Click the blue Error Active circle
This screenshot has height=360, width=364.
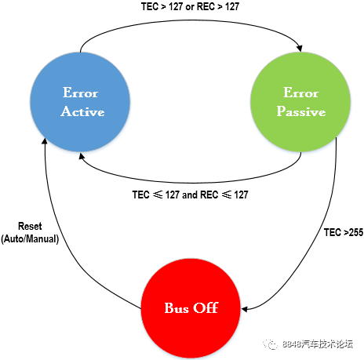80,102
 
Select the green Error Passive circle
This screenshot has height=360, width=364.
300,102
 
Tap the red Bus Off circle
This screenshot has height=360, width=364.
191,308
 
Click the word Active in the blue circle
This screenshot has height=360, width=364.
82,111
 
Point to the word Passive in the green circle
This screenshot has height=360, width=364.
301,111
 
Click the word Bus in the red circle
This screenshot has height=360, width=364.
177,308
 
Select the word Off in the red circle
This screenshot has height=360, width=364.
206,307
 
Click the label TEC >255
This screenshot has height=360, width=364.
344,232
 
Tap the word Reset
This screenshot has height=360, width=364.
30,226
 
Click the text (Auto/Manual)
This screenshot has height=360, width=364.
30,239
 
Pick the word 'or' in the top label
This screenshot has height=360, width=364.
190,7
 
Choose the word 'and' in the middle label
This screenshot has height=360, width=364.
190,195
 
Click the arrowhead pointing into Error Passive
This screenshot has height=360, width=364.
300,49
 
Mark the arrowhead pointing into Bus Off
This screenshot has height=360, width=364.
244,309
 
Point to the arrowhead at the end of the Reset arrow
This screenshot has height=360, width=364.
45,141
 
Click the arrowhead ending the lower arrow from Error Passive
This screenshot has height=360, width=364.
82,156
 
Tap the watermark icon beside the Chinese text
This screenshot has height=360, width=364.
270,344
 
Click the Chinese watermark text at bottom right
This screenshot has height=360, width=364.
318,344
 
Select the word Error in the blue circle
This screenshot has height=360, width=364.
80,93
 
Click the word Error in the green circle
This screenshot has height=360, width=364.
301,93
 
